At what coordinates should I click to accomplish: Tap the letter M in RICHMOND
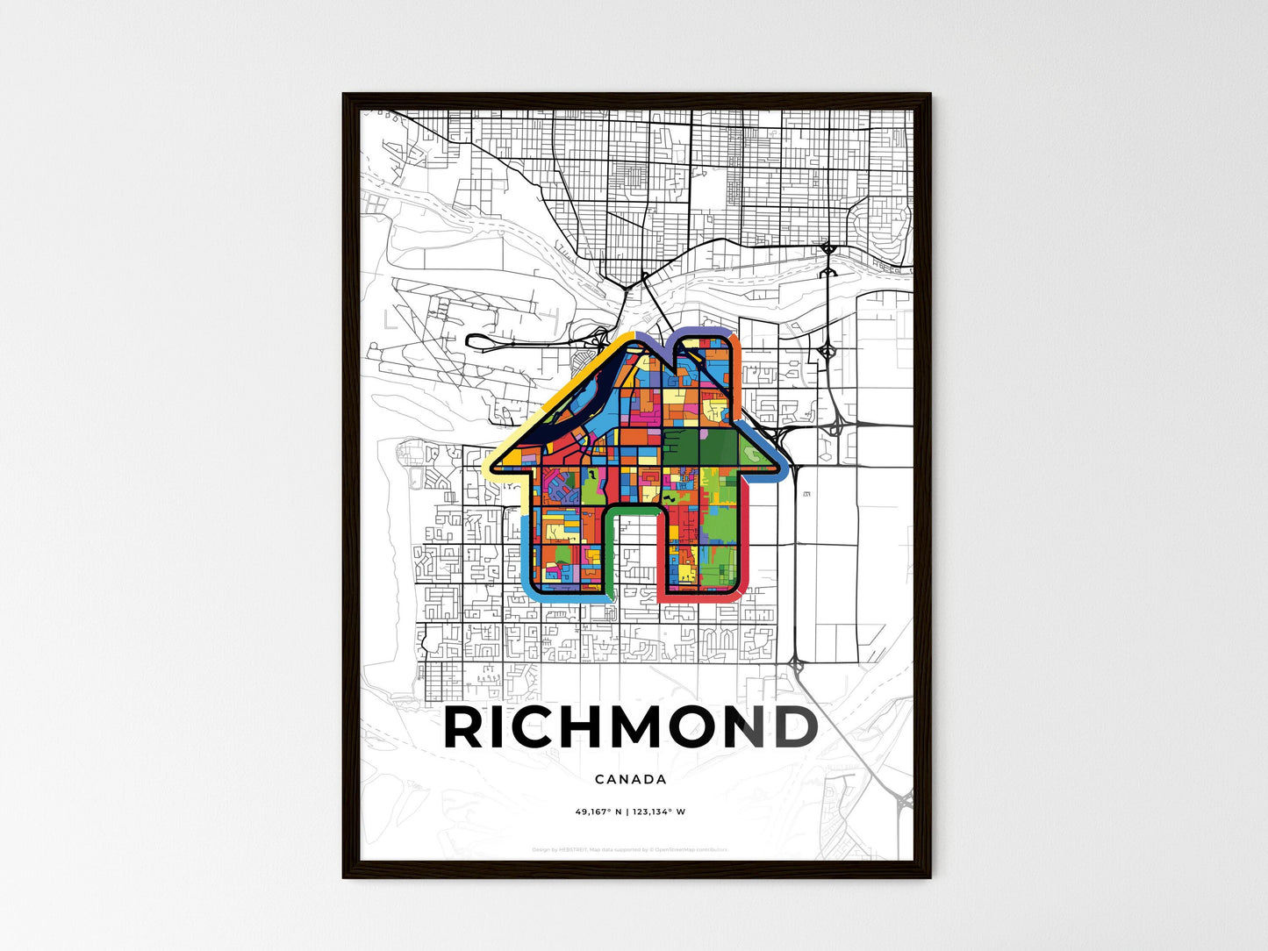639,728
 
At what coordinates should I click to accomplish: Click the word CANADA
630,779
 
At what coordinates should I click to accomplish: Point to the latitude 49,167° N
598,812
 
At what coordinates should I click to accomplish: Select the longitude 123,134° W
658,812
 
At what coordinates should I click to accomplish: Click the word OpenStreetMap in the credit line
687,849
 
